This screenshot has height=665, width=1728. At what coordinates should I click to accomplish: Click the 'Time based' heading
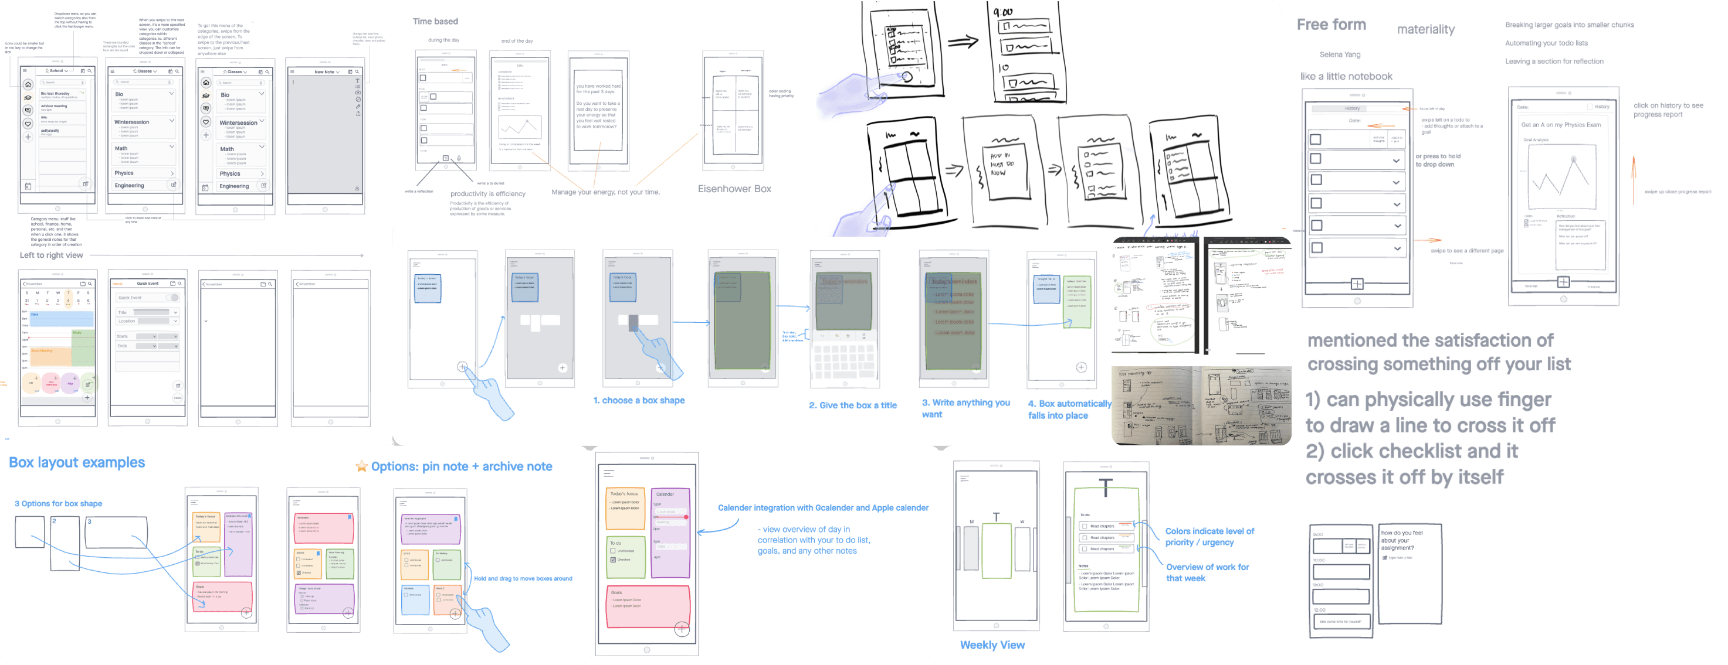tap(435, 22)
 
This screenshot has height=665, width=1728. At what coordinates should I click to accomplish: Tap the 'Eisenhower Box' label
tap(734, 189)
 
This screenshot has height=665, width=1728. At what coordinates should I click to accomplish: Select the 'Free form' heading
tap(1331, 25)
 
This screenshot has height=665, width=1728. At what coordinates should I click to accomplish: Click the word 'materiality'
tap(1425, 29)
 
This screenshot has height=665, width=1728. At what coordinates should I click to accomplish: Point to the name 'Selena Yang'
tap(1340, 55)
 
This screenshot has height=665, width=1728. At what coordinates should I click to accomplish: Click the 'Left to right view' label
tap(51, 255)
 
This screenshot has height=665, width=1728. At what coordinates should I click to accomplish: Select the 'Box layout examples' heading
tap(76, 462)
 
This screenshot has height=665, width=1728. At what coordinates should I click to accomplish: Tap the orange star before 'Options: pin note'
tap(361, 466)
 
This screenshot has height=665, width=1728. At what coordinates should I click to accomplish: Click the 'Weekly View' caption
tap(992, 645)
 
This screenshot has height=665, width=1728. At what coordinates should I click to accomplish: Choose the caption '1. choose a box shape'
tap(639, 400)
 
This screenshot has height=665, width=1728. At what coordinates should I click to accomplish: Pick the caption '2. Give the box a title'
tap(853, 405)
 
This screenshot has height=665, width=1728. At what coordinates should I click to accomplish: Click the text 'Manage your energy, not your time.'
tap(605, 192)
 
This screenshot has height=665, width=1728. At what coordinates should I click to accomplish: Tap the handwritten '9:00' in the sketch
tap(1003, 12)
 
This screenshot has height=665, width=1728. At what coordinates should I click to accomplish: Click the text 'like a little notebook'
tap(1346, 76)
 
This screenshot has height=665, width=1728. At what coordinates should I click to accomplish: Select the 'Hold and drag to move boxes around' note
tap(523, 578)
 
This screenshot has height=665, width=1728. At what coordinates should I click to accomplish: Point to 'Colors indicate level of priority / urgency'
tap(1209, 536)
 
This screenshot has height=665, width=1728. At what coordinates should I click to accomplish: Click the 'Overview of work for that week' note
tap(1207, 572)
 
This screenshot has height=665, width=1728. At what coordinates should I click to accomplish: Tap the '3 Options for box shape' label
tap(58, 503)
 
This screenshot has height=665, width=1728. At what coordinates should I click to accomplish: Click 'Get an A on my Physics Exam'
tap(1560, 125)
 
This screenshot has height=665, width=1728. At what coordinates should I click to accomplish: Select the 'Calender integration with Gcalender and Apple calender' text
tap(823, 508)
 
